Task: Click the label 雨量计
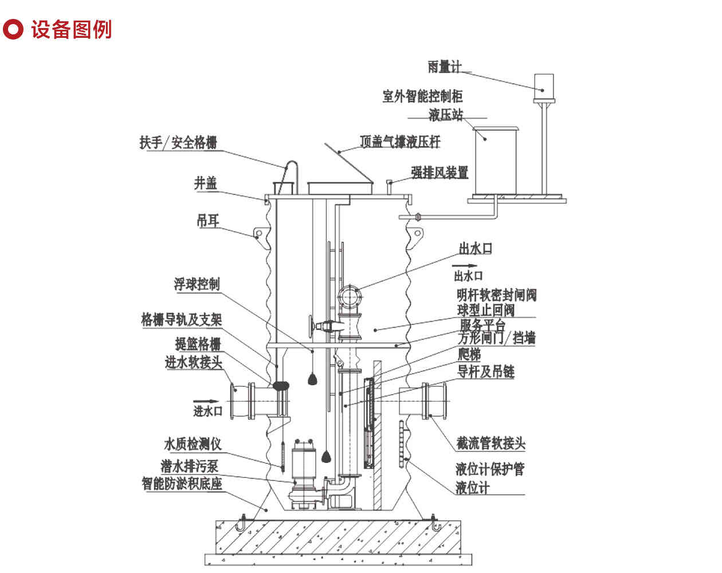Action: coord(444,67)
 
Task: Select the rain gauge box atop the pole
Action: coord(543,86)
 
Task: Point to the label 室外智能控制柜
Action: coord(422,96)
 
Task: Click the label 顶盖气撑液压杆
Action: coord(399,142)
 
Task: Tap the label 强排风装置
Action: coord(440,172)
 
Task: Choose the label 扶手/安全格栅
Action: coord(178,142)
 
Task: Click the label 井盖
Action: coord(206,183)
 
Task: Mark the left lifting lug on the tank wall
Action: coord(258,234)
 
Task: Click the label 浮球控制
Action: coord(197,284)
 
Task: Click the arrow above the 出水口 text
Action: coord(464,266)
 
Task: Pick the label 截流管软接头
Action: coord(491,443)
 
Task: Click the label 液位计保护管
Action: coord(490,469)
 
